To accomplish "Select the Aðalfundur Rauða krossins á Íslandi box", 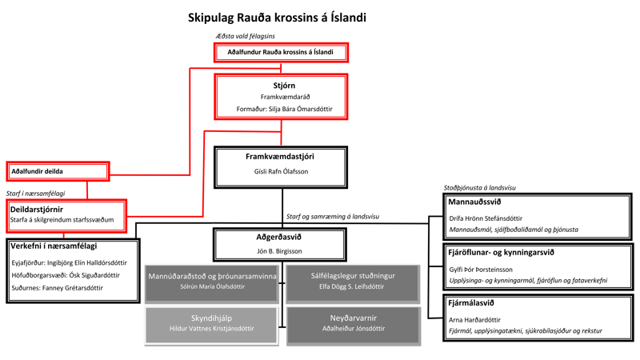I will point(281,52).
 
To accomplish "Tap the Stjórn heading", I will point(281,85).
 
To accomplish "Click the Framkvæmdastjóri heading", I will point(281,157).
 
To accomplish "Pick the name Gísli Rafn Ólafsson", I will point(281,171).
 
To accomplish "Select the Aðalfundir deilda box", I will point(58,171).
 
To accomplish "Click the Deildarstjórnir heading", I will point(37,209).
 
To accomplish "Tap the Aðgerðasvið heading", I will point(279,237).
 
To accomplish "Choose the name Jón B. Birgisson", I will point(279,251).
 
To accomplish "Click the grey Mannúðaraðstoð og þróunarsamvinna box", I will point(212,281).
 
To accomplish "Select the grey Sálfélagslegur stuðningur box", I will point(353,281).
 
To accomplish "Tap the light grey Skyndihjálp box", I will point(212,323).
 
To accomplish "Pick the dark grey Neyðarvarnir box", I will point(353,323).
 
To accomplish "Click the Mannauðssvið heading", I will point(475,202).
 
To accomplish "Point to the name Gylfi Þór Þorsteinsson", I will point(491,270).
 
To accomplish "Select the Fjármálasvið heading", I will point(472,303).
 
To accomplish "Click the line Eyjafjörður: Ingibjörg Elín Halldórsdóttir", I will point(69,262).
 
